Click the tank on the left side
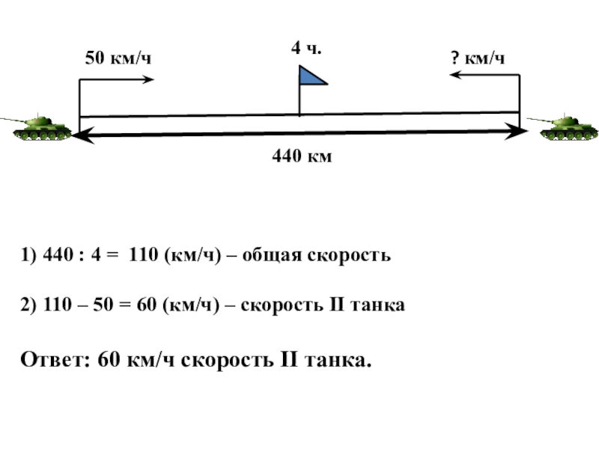(41, 127)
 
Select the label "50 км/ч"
(118, 58)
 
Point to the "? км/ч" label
(477, 58)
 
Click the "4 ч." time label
(306, 49)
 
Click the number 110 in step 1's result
(142, 256)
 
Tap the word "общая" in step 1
(276, 256)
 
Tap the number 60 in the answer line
(109, 360)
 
